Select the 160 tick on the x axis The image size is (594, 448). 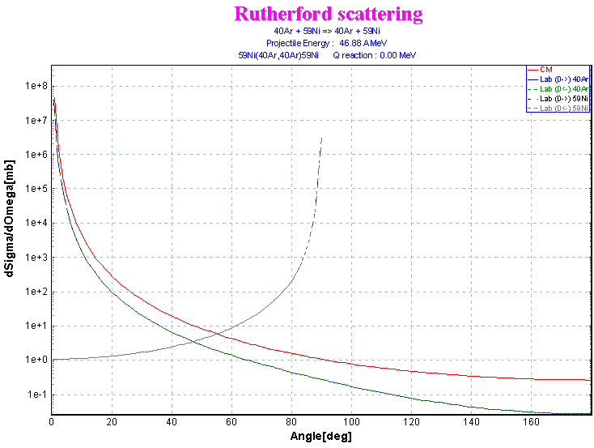[x=531, y=423]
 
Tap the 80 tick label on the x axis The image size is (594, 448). [x=291, y=423]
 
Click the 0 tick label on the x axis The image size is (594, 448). [x=52, y=423]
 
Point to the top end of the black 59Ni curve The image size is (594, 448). [x=322, y=139]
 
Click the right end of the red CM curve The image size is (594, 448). [x=590, y=379]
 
